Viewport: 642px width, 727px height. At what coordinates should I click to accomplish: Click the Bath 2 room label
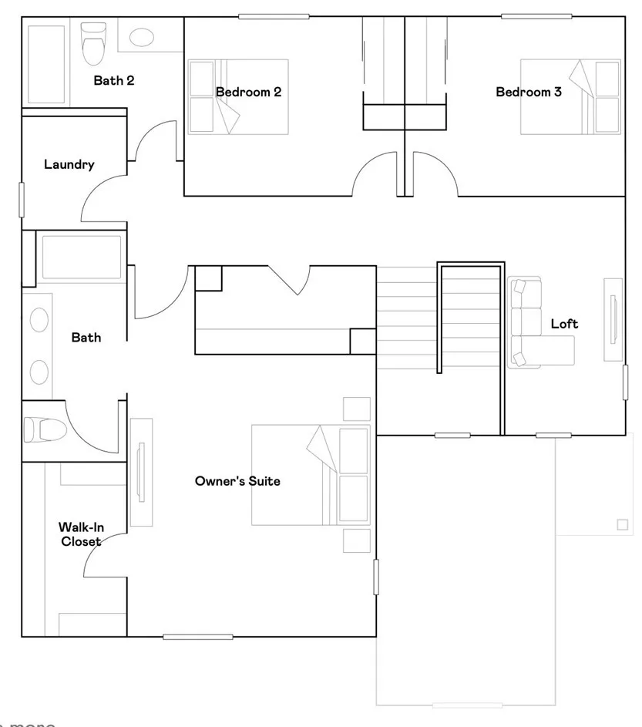tap(114, 80)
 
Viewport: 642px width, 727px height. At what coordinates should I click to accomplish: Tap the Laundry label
tap(69, 164)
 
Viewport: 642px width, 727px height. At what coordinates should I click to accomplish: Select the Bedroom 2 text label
tap(248, 92)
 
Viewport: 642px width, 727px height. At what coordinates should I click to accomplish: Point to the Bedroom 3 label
tap(528, 92)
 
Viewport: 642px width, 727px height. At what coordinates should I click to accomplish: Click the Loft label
tap(564, 324)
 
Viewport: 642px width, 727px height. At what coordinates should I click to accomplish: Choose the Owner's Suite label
tap(237, 481)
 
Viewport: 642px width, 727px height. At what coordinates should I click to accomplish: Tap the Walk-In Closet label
tap(81, 534)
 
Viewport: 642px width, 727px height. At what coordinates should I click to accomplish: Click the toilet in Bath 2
tap(93, 42)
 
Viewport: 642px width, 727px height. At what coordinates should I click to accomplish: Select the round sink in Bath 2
tap(140, 37)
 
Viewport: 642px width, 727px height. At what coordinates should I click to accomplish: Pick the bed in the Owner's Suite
tap(311, 475)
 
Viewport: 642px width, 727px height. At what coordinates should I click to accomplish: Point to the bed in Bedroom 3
tap(570, 96)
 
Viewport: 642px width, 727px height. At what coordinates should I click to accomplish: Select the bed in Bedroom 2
tap(238, 96)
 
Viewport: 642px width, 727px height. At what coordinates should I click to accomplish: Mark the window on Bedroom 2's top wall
tap(274, 16)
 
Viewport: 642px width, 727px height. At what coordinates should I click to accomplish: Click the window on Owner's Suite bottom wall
tap(187, 637)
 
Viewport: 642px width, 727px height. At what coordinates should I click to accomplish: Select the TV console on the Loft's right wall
tap(613, 319)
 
